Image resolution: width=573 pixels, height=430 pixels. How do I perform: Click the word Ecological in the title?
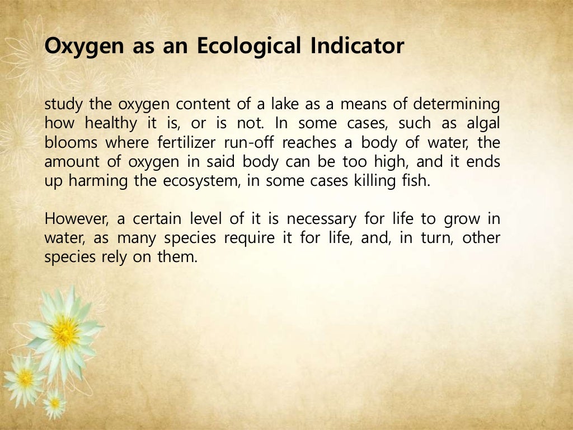[x=248, y=46]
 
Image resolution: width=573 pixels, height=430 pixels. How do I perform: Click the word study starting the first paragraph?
[x=62, y=105]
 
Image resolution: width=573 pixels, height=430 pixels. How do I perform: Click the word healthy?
[x=110, y=124]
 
